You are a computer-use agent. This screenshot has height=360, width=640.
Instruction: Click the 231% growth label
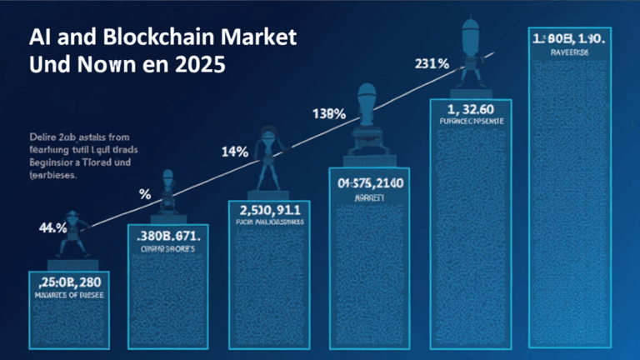(434, 63)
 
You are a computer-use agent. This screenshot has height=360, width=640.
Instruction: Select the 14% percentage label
(235, 152)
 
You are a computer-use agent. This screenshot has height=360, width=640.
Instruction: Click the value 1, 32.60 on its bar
(471, 108)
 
